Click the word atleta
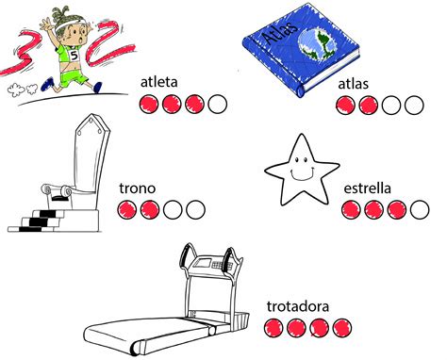click(x=159, y=82)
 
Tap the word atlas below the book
click(x=353, y=84)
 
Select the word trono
click(x=138, y=188)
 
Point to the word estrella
click(x=368, y=188)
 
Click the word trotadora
click(x=298, y=306)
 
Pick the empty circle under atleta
click(x=218, y=104)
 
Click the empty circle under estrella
click(x=420, y=209)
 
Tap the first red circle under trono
click(x=127, y=209)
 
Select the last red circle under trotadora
click(x=342, y=328)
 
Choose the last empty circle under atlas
click(x=414, y=106)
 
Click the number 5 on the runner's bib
click(x=74, y=56)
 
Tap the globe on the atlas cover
click(x=318, y=44)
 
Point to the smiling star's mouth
click(x=301, y=174)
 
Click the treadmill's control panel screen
click(x=202, y=262)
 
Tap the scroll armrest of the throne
click(x=55, y=190)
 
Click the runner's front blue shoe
click(x=98, y=87)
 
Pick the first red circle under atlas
click(x=346, y=106)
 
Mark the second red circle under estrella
click(x=373, y=209)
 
